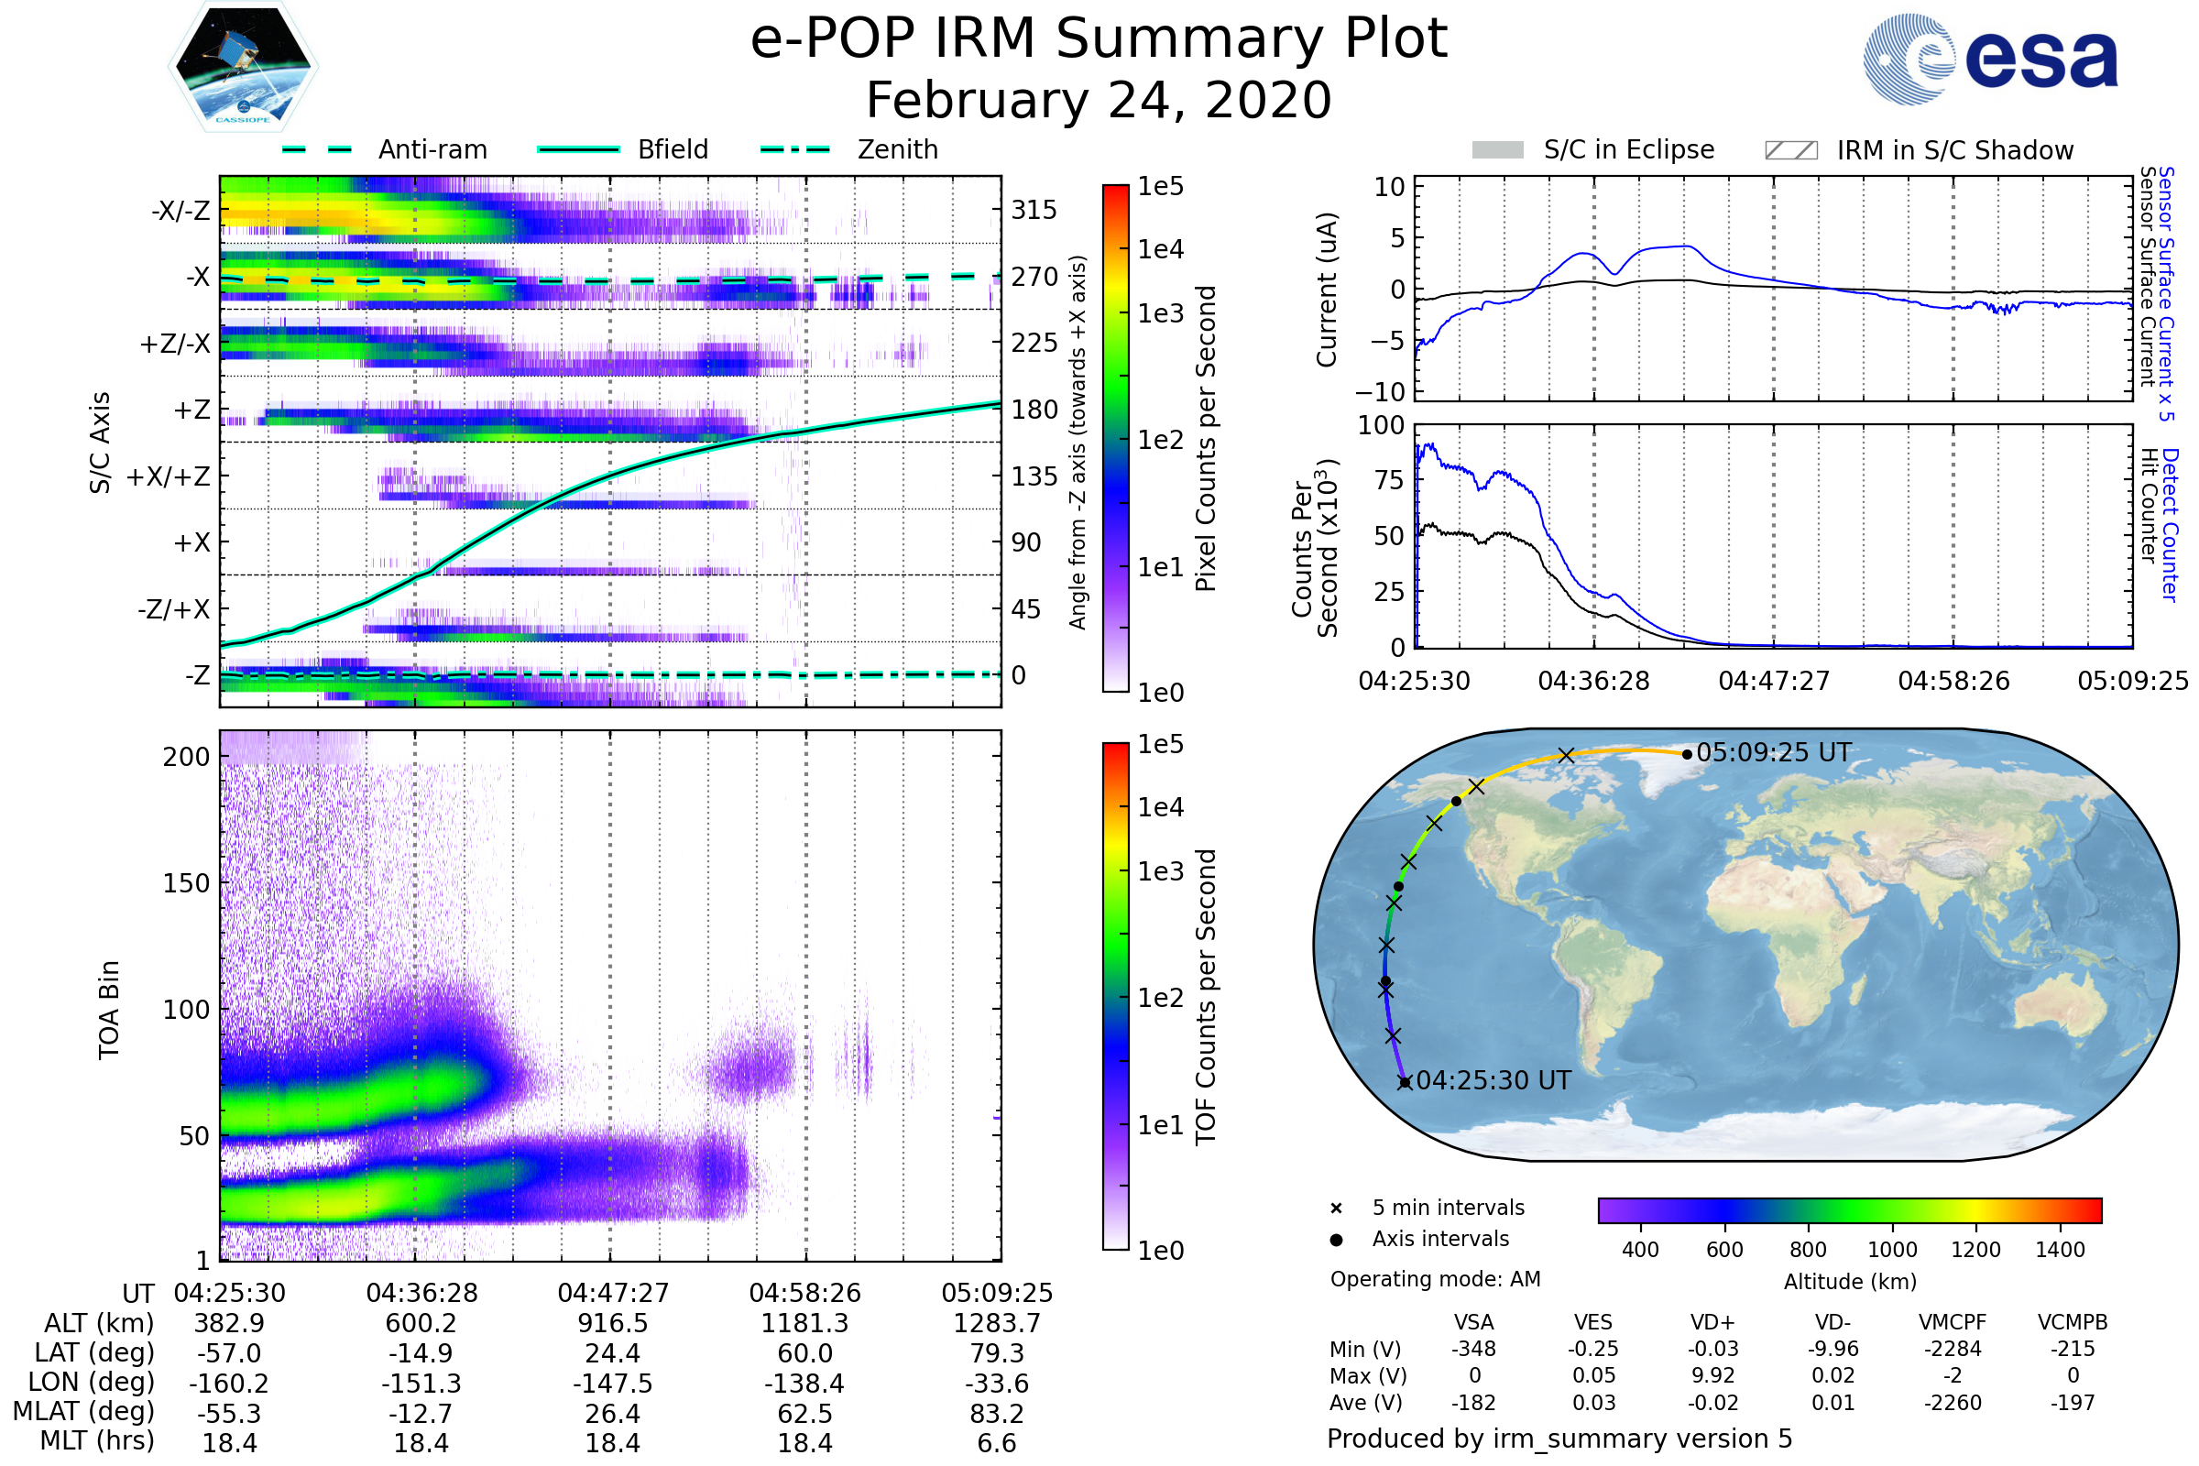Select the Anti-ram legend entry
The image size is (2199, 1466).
point(432,149)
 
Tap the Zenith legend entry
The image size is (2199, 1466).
point(897,149)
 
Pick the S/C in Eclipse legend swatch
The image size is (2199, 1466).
point(1497,150)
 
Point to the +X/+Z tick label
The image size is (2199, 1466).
point(169,476)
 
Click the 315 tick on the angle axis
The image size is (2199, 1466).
point(1034,210)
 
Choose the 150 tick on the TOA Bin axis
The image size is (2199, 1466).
point(186,882)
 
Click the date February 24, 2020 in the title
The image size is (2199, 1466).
point(1099,100)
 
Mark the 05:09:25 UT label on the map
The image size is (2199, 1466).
point(1773,752)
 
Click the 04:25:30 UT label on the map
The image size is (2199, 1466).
point(1493,1081)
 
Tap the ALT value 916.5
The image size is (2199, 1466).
point(612,1323)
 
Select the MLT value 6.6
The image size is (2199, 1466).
point(997,1442)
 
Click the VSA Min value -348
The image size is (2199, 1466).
point(1473,1349)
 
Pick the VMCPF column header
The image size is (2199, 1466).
point(1953,1322)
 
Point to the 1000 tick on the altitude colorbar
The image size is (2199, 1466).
point(1891,1250)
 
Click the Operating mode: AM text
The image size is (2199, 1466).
point(1435,1279)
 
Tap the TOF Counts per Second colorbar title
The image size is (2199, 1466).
point(1206,997)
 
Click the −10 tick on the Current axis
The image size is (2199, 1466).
point(1385,392)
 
